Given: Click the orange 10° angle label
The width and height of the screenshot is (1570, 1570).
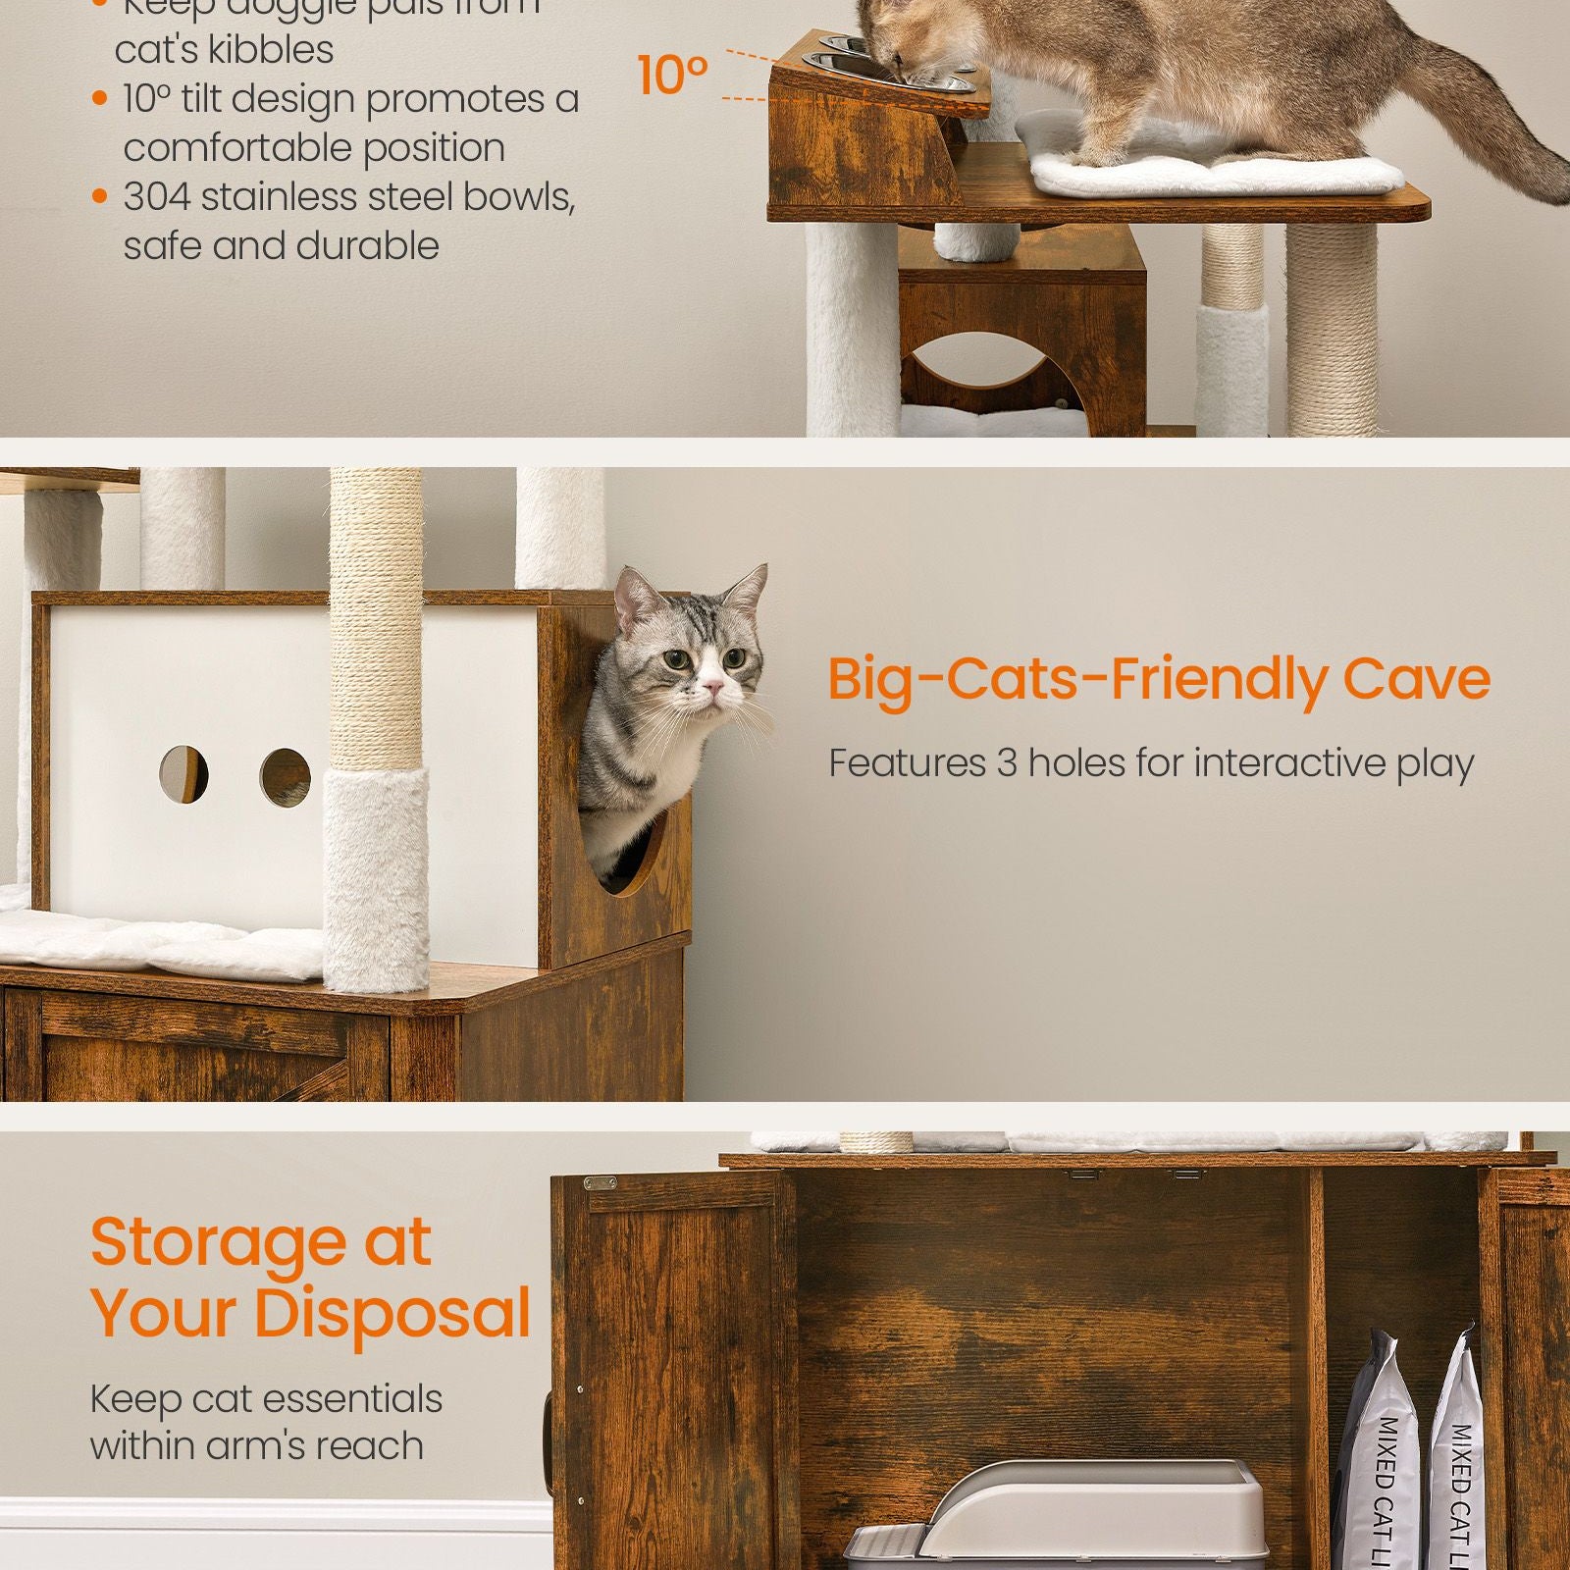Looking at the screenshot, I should click(x=672, y=75).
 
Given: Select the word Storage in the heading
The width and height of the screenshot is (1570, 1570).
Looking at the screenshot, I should click(x=217, y=1242).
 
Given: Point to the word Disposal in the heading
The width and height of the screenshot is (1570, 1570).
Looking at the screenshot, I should click(x=392, y=1313).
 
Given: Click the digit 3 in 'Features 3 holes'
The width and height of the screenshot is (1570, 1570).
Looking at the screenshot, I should click(x=1007, y=763).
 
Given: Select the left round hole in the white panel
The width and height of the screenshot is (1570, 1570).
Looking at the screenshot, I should click(x=183, y=773).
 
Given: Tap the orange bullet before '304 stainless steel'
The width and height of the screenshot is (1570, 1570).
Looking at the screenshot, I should click(x=99, y=197).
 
